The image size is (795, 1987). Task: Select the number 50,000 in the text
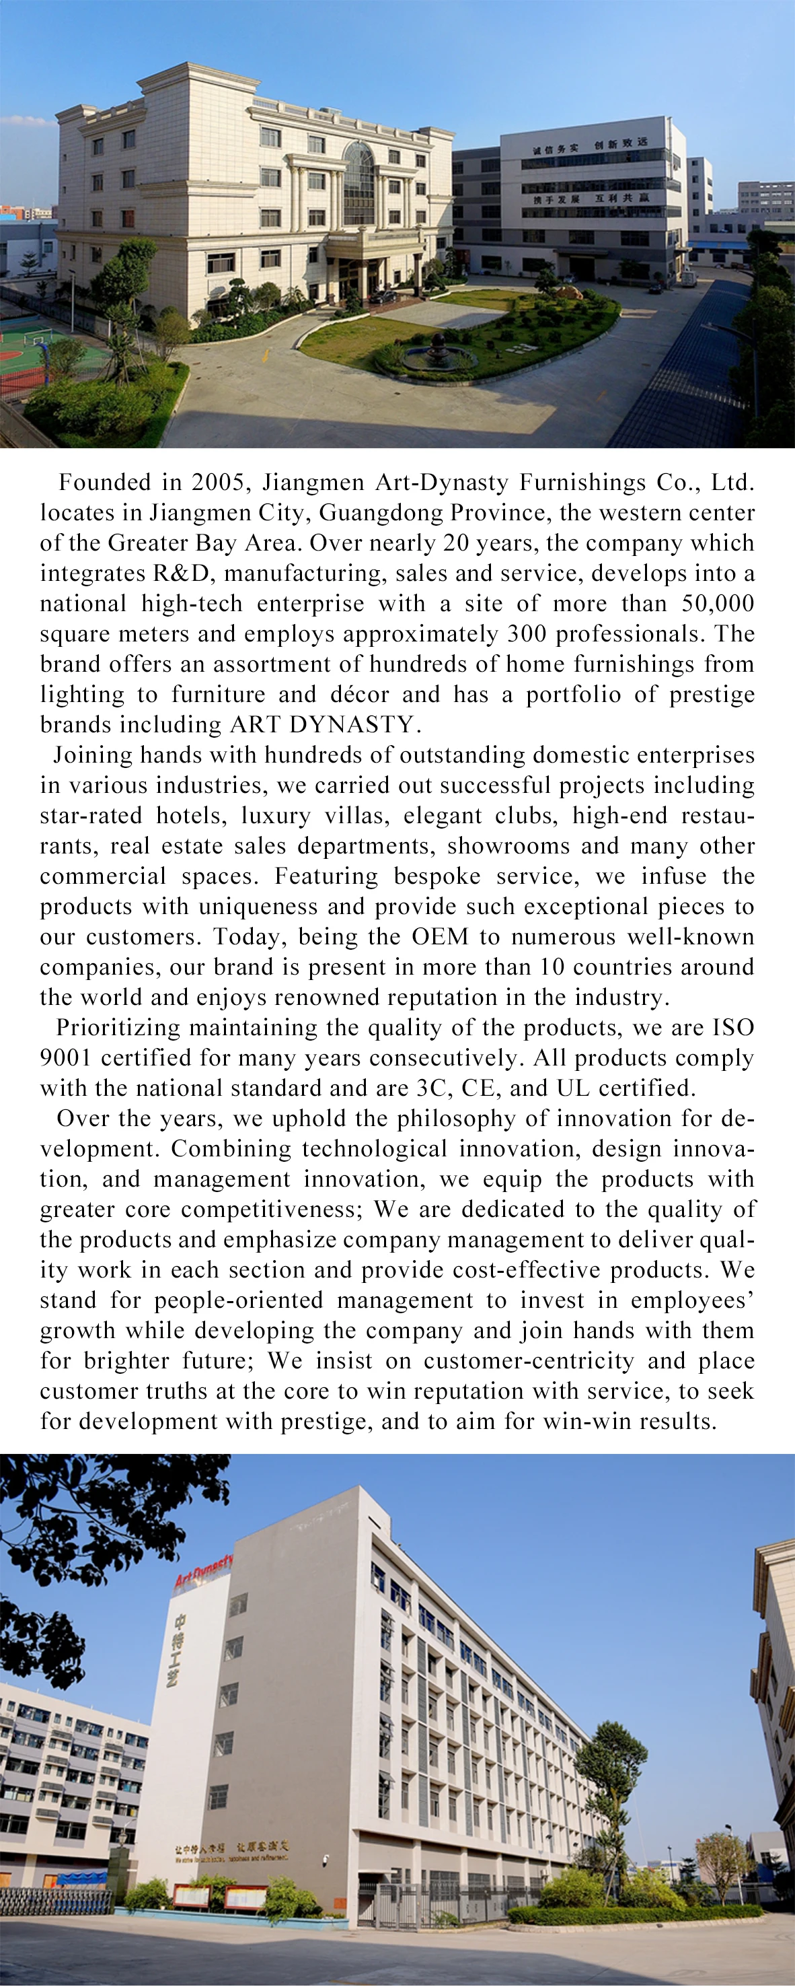[x=717, y=604]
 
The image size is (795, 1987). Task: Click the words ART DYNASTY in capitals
[x=323, y=725]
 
